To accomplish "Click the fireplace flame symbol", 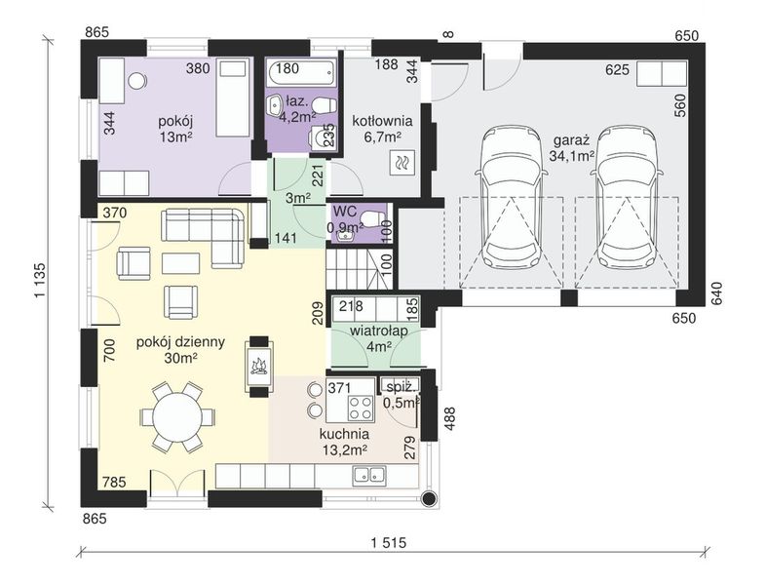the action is point(258,366).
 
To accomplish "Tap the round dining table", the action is point(177,417).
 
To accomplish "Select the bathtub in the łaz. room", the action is point(301,72).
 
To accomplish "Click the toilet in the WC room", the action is point(372,218).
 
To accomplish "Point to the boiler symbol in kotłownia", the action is point(402,162).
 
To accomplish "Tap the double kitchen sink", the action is point(368,474).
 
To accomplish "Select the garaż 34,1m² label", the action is point(571,148).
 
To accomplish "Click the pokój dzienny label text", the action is point(180,342).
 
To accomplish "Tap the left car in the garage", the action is point(511,196).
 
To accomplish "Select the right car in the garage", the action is point(627,196).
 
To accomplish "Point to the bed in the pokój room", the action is point(233,98).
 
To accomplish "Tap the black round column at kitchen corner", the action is point(429,497).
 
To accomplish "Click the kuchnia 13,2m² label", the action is point(344,442).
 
